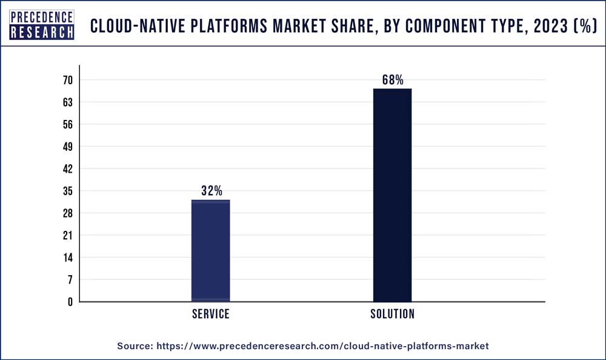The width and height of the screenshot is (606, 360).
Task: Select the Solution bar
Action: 392,195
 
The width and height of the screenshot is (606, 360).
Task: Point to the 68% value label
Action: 393,79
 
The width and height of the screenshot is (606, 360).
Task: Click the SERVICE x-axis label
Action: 211,314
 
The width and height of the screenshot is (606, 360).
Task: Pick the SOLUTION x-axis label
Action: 393,314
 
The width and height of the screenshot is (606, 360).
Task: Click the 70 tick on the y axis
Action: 67,81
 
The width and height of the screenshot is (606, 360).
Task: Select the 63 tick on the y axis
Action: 67,102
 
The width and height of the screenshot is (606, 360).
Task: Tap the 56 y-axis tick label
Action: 67,125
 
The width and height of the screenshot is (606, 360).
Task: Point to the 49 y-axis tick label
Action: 67,147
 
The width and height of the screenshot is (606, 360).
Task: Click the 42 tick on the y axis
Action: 67,169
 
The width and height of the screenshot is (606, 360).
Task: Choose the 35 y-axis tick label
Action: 67,192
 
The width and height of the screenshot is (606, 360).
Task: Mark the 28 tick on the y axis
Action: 67,213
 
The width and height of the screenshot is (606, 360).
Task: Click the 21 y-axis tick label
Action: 67,235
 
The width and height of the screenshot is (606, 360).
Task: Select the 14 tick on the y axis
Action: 67,258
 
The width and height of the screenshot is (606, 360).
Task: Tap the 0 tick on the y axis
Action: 70,302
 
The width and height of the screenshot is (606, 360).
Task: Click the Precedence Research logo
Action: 42,25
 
